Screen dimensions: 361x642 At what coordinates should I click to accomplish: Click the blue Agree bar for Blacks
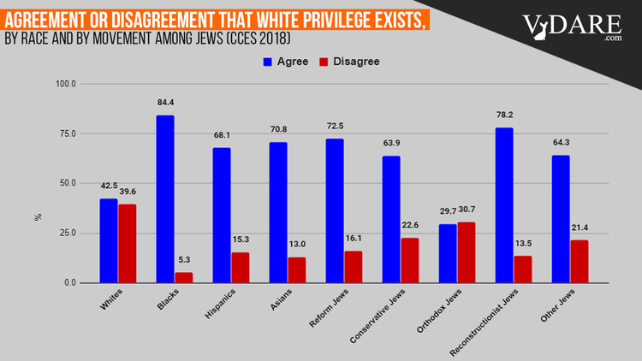165,199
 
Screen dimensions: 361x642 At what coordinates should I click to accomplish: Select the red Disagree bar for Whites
127,244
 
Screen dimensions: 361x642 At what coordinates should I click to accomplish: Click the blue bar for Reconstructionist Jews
504,205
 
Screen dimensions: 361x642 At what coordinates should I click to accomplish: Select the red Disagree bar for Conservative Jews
410,260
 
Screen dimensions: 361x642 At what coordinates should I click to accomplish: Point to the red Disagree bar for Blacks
183,277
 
